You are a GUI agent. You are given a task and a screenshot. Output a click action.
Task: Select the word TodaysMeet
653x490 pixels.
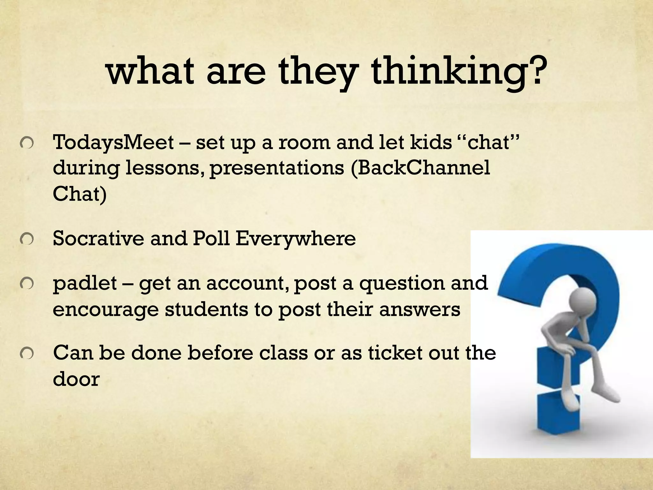pyautogui.click(x=114, y=142)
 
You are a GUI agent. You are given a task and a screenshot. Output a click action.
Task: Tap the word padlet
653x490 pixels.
pyautogui.click(x=85, y=283)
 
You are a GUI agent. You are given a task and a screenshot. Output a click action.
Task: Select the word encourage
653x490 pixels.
pyautogui.click(x=106, y=309)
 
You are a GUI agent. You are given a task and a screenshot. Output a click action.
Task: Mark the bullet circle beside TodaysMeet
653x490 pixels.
pyautogui.click(x=27, y=144)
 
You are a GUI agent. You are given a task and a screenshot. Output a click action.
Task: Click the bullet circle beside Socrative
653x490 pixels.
pyautogui.click(x=27, y=240)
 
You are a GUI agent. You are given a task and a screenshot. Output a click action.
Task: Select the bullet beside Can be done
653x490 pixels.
pyautogui.click(x=27, y=354)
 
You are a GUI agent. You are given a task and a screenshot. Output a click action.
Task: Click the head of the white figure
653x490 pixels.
pyautogui.click(x=582, y=300)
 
